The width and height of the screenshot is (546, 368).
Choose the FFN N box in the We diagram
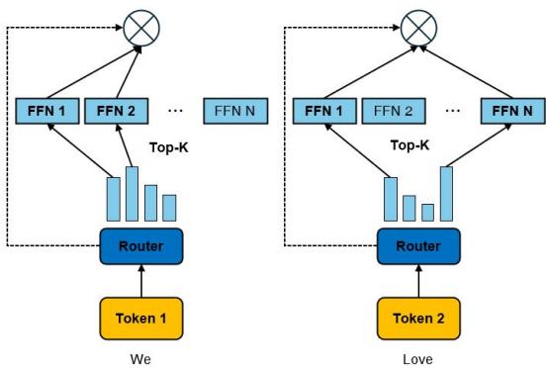(232, 111)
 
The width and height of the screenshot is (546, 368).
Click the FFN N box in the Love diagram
(514, 111)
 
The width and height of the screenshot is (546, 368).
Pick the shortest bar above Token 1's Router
(169, 208)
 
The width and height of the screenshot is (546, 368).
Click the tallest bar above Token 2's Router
(446, 194)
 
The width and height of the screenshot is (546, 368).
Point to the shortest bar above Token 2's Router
(427, 212)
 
